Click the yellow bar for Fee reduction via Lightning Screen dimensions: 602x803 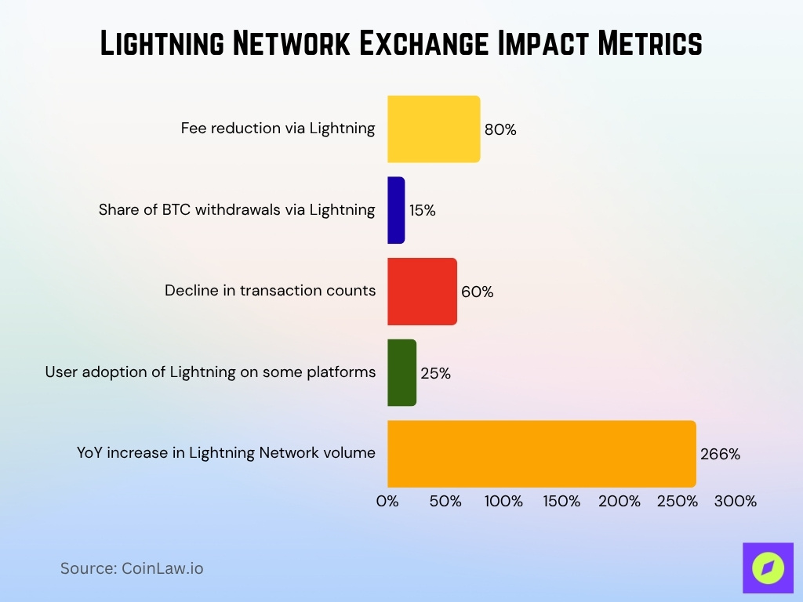pyautogui.click(x=434, y=129)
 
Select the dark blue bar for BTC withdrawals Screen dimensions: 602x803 pyautogui.click(x=396, y=210)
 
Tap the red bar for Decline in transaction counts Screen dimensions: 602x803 pyautogui.click(x=422, y=292)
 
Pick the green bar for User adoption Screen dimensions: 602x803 pyautogui.click(x=401, y=372)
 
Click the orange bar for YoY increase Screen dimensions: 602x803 pyautogui.click(x=541, y=454)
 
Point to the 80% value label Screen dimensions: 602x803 pyautogui.click(x=500, y=130)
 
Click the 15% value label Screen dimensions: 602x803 pyautogui.click(x=422, y=211)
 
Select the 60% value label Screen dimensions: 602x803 pyautogui.click(x=477, y=292)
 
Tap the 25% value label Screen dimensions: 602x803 pyautogui.click(x=435, y=373)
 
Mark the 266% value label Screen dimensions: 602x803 pyautogui.click(x=720, y=455)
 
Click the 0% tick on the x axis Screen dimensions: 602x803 pyautogui.click(x=387, y=502)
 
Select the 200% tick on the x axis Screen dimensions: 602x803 pyautogui.click(x=619, y=502)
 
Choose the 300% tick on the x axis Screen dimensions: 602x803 pyautogui.click(x=735, y=502)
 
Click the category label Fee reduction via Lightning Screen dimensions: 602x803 pyautogui.click(x=278, y=129)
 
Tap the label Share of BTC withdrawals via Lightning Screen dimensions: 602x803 pyautogui.click(x=237, y=209)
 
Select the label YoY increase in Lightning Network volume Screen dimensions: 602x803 pyautogui.click(x=226, y=452)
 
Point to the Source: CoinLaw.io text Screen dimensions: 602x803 pyautogui.click(x=132, y=568)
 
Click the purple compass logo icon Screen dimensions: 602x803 pyautogui.click(x=768, y=568)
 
